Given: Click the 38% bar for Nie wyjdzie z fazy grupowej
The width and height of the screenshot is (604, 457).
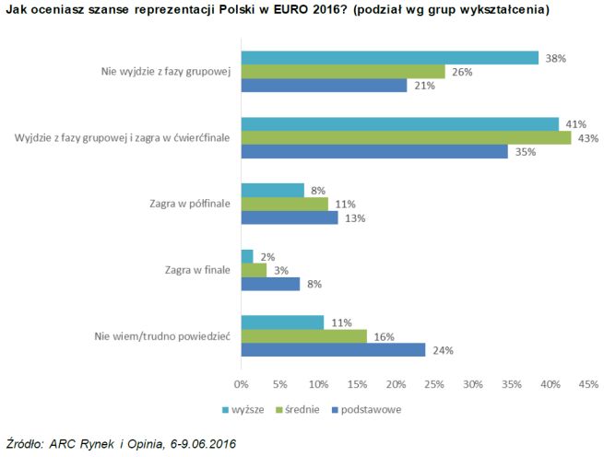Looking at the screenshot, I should pyautogui.click(x=389, y=57).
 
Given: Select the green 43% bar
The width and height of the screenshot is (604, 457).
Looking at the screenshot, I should pyautogui.click(x=406, y=137).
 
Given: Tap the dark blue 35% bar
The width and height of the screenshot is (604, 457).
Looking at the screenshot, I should pyautogui.click(x=374, y=151).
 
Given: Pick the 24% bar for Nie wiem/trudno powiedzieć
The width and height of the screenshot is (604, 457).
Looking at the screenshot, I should pyautogui.click(x=333, y=349).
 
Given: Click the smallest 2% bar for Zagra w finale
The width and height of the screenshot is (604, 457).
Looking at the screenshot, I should pyautogui.click(x=247, y=256).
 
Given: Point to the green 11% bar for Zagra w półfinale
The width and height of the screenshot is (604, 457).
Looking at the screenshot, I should pyautogui.click(x=284, y=204).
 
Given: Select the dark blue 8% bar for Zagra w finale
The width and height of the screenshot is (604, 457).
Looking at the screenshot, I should pyautogui.click(x=270, y=284).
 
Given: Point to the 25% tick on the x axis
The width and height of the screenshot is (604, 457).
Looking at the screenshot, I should pyautogui.click(x=434, y=383).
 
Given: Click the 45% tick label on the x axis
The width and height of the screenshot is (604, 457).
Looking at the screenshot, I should pyautogui.click(x=588, y=383).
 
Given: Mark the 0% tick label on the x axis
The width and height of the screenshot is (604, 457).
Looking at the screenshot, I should pyautogui.click(x=242, y=383).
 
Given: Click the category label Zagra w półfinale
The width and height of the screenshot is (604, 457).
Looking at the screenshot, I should pyautogui.click(x=183, y=204).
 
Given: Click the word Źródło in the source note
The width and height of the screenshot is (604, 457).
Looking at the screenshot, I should pyautogui.click(x=26, y=444).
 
